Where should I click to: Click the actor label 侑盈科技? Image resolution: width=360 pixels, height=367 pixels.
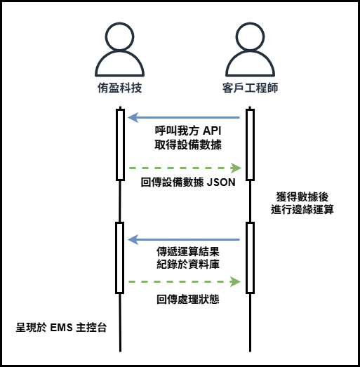(119, 88)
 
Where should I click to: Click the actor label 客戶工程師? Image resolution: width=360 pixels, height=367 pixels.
(250, 88)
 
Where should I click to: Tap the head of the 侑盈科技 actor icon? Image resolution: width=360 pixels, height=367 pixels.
(119, 36)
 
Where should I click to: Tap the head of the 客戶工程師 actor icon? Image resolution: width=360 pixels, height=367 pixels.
(250, 36)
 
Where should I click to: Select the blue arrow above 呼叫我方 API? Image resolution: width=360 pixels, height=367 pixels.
(184, 117)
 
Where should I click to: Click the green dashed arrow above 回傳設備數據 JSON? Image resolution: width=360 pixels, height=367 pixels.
(185, 168)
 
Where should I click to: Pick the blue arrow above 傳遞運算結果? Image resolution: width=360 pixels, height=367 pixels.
(184, 239)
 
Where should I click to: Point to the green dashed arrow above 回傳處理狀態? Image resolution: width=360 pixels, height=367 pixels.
(185, 281)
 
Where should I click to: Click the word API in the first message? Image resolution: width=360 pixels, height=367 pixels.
(212, 131)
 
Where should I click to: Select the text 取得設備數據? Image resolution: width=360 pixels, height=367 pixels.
(188, 145)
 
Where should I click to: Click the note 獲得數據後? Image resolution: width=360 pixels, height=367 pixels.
(302, 197)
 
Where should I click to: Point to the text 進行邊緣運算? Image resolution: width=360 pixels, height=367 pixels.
(302, 210)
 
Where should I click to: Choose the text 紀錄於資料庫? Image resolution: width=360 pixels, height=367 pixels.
(188, 265)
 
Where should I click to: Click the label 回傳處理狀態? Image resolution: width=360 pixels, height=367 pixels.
(188, 300)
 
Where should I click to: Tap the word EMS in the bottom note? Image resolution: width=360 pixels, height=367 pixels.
(61, 328)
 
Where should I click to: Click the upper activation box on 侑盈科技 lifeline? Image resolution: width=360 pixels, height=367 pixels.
(120, 145)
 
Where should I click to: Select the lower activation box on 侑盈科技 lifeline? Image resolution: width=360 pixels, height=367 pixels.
(120, 258)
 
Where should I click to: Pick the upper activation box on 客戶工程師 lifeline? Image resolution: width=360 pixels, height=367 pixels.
(250, 145)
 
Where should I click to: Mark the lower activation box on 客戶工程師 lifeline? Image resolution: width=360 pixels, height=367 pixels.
(250, 258)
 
